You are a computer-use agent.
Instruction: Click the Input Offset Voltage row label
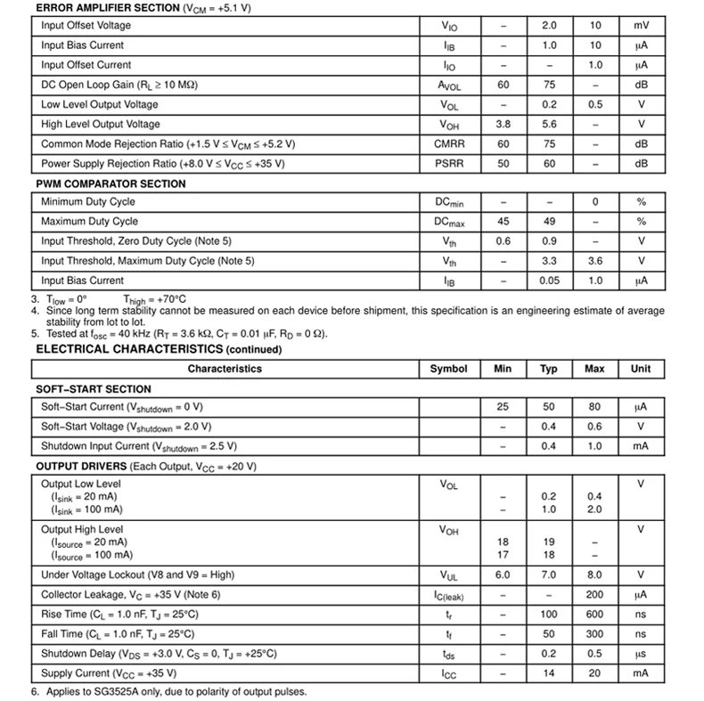pyautogui.click(x=86, y=26)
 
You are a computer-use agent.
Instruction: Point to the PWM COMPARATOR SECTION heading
pyautogui.click(x=111, y=183)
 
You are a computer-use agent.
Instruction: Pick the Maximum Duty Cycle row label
pyautogui.click(x=90, y=222)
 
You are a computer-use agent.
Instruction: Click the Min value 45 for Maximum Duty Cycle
pyautogui.click(x=503, y=222)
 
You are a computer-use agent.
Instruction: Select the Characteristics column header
pyautogui.click(x=225, y=369)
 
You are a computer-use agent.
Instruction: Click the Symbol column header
pyautogui.click(x=448, y=369)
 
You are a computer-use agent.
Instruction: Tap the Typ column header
pyautogui.click(x=548, y=369)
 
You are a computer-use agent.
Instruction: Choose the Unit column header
pyautogui.click(x=641, y=369)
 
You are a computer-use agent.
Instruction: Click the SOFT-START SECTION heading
pyautogui.click(x=94, y=389)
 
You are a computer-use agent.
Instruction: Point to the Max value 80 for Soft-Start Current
pyautogui.click(x=594, y=407)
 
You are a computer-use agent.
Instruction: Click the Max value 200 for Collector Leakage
pyautogui.click(x=594, y=595)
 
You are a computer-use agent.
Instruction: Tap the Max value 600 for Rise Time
pyautogui.click(x=594, y=615)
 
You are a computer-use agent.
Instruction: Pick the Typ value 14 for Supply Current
pyautogui.click(x=548, y=673)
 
